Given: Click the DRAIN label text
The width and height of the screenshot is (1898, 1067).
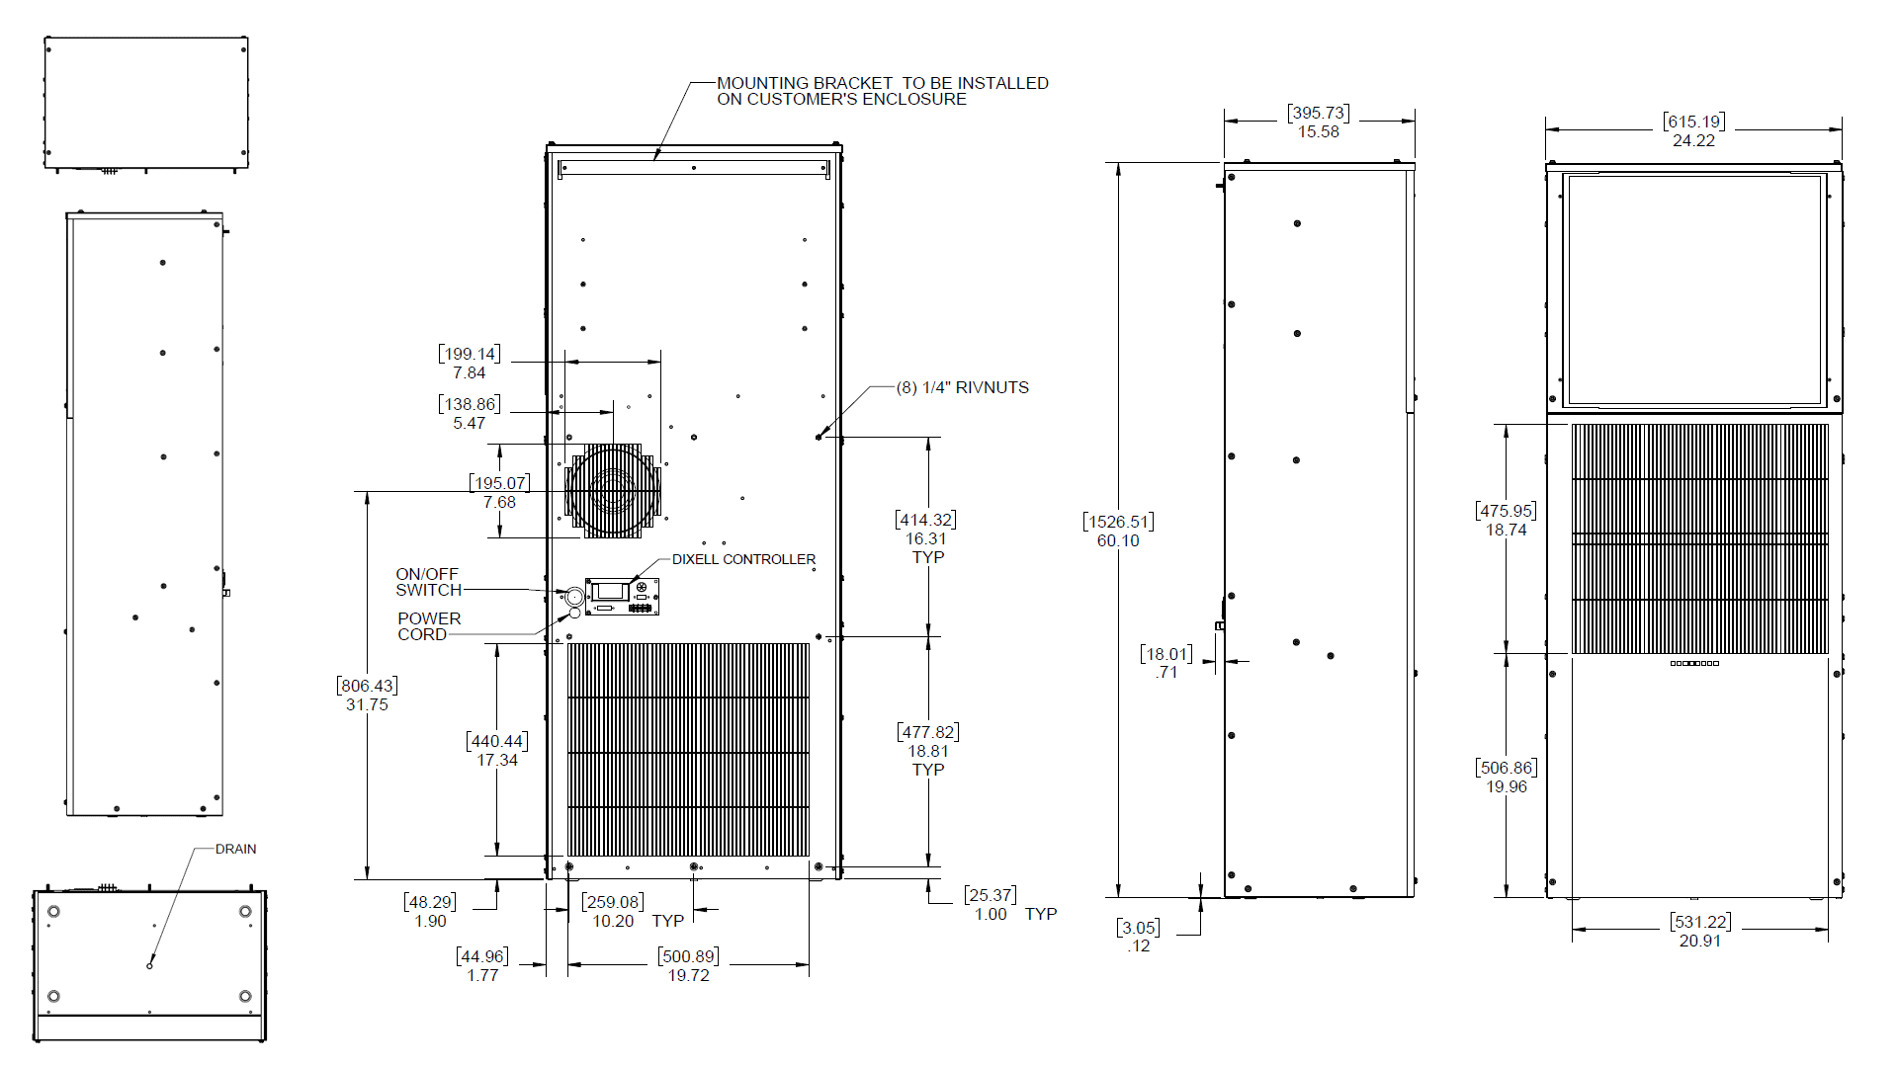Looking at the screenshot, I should tap(235, 849).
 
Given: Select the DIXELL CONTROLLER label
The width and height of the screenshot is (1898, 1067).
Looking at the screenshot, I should tap(743, 559).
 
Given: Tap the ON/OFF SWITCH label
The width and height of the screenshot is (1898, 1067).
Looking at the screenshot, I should tap(428, 582).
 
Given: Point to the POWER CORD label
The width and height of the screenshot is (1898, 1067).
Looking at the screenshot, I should tap(428, 626).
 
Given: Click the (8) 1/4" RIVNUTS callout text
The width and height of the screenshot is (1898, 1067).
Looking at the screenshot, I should tap(962, 387).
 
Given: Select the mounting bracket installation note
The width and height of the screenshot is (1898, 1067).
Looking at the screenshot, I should tap(882, 91).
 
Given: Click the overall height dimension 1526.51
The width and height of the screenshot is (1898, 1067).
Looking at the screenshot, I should tap(1118, 531).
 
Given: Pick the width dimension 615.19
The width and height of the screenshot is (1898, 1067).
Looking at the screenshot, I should tap(1693, 130).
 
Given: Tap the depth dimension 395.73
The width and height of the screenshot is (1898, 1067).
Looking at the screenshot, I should tap(1318, 122).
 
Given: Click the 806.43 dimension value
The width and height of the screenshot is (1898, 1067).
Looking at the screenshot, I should tap(367, 695).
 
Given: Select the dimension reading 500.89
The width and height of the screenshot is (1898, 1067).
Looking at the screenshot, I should tap(688, 965).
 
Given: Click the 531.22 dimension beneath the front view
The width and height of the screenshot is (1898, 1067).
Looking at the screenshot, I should tap(1699, 931).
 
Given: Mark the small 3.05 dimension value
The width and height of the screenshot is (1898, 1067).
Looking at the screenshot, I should tap(1138, 936).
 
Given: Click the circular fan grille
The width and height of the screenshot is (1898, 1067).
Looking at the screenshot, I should tap(612, 490).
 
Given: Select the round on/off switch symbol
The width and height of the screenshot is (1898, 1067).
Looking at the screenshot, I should tap(574, 596).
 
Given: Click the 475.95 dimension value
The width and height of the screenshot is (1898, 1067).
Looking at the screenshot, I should tap(1506, 520).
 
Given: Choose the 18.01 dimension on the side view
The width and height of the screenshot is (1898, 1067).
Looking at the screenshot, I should tap(1165, 662).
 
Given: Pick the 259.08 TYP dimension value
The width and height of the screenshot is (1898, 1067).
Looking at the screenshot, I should tap(613, 911).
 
